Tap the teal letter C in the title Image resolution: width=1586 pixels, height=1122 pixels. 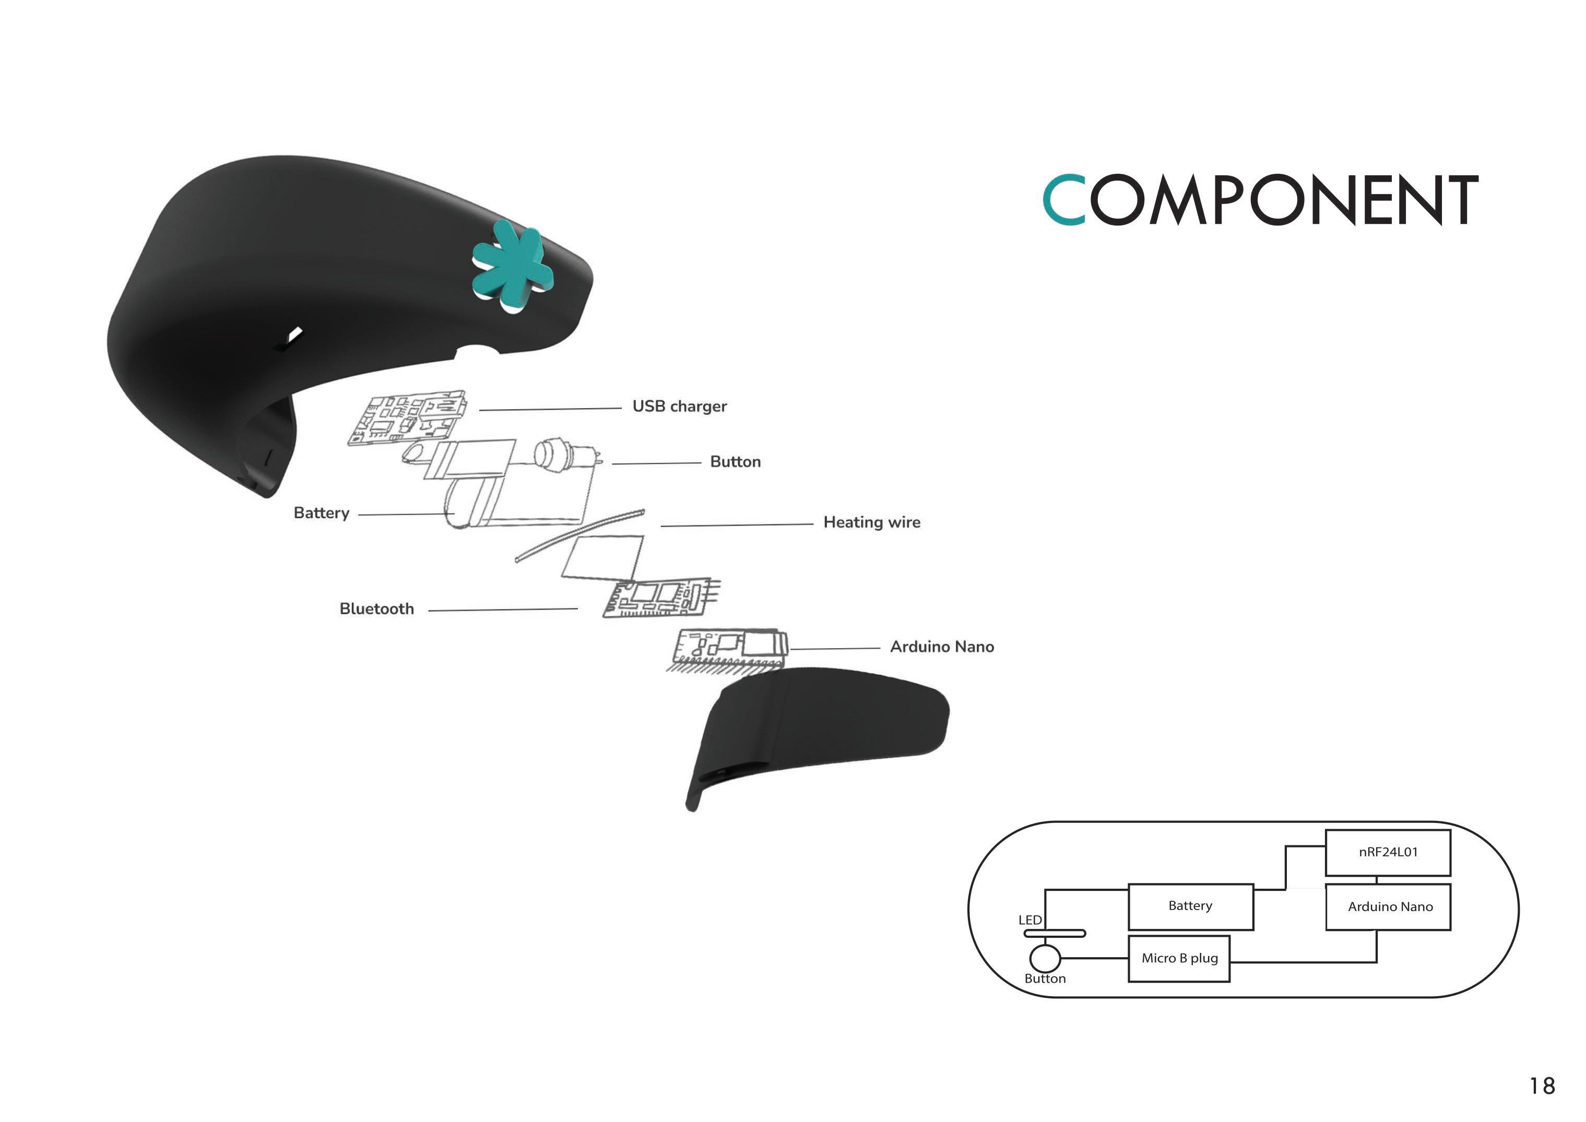1063,200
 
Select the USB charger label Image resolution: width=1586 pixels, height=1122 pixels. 679,406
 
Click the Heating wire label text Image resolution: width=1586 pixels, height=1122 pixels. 871,522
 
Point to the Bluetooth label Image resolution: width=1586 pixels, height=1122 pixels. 376,608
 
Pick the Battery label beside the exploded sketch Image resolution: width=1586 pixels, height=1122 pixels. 322,512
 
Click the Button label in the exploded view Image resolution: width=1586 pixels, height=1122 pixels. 735,461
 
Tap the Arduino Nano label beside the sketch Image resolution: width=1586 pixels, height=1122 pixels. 942,647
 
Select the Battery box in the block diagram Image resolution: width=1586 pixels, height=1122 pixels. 1190,906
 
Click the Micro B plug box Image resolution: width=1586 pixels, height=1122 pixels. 1179,958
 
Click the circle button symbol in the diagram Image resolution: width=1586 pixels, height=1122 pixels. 1044,958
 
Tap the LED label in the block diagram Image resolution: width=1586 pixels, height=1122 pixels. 1029,920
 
